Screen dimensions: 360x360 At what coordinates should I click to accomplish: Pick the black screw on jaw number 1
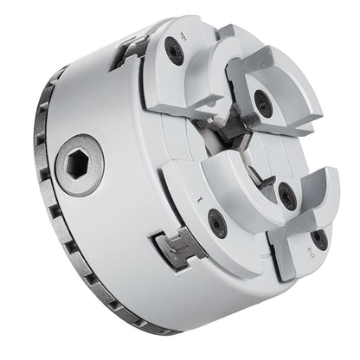coord(217,225)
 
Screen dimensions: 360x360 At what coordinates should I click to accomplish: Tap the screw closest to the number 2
coord(318,240)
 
